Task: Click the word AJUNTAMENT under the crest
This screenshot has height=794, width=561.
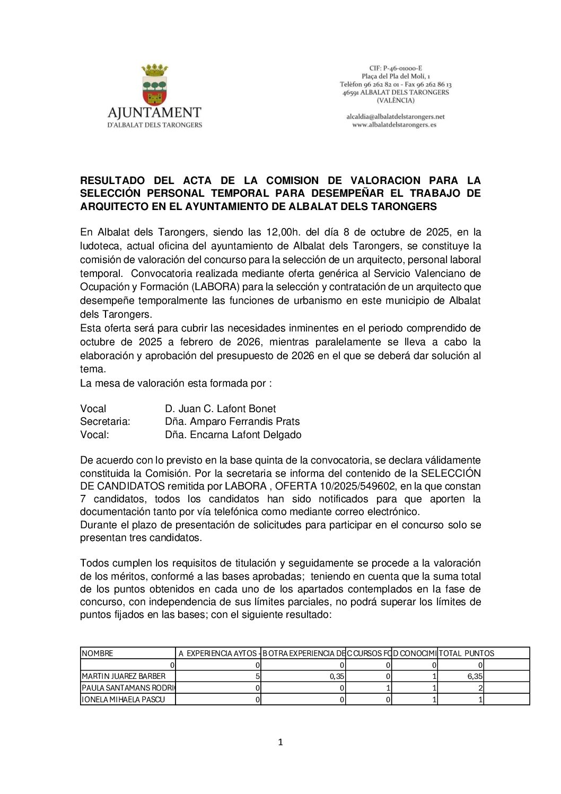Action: tap(154, 112)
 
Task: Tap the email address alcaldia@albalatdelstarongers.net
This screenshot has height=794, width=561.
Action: tap(396, 117)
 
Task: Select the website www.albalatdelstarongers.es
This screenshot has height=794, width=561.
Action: tap(395, 125)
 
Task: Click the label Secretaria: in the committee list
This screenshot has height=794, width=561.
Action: tap(105, 422)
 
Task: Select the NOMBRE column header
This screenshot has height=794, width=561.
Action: tap(98, 653)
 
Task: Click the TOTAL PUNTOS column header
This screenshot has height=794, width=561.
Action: tap(467, 653)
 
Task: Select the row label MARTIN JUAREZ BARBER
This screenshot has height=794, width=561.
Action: tap(124, 676)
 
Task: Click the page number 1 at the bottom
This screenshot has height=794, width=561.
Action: tap(280, 742)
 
